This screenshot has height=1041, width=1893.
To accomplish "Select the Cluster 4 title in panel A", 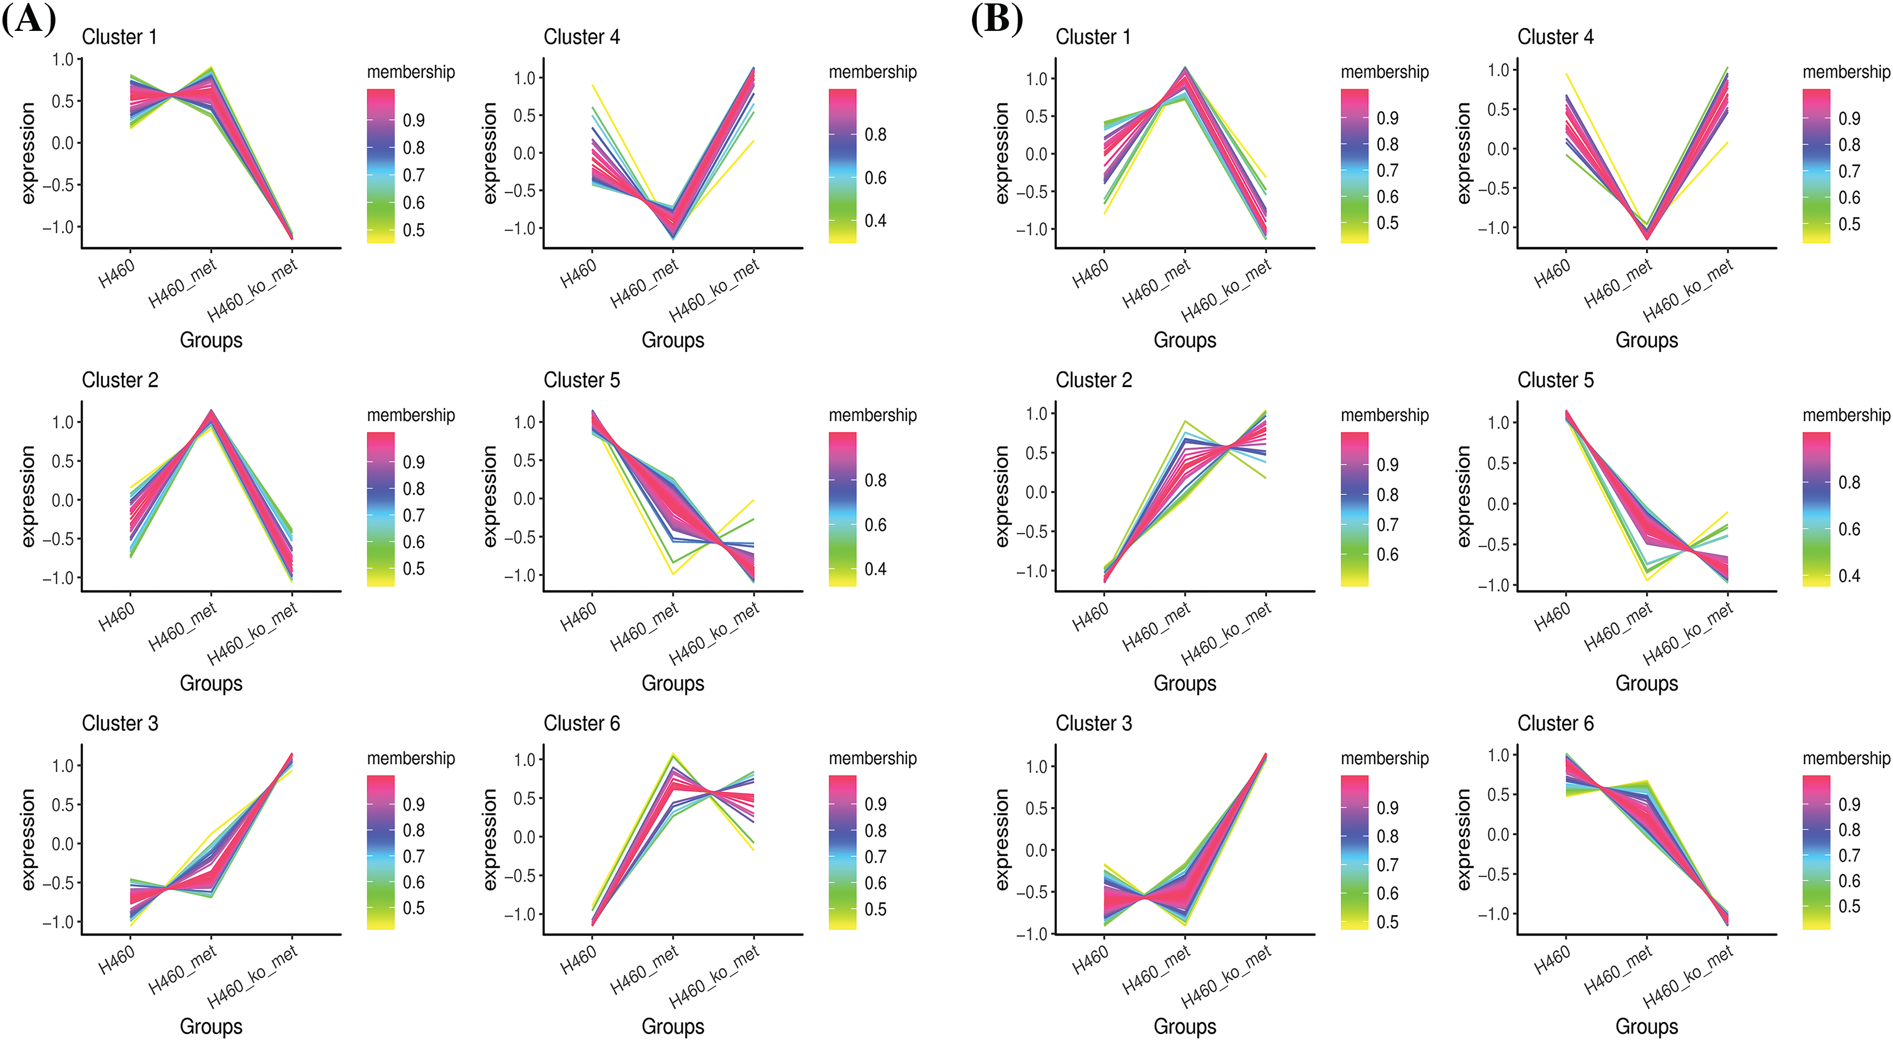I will click(581, 37).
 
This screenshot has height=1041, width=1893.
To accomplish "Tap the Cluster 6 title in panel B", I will click(1556, 724).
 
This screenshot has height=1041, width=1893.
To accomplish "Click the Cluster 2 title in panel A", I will click(120, 380).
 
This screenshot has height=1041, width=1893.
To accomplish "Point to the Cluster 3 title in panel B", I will click(1094, 724).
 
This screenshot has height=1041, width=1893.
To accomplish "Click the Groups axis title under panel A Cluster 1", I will click(211, 340).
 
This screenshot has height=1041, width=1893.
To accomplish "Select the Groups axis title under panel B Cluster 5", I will click(1646, 684).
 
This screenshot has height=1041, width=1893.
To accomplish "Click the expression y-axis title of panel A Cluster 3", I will click(28, 839).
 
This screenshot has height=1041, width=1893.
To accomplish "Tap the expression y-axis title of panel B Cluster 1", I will click(1001, 153).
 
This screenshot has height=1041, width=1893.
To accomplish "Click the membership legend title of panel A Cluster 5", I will click(872, 416).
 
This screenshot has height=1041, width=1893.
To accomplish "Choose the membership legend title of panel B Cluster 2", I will click(1384, 416).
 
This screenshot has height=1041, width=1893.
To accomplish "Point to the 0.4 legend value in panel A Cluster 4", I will click(875, 221).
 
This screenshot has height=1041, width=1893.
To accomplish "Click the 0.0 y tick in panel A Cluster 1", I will click(63, 143).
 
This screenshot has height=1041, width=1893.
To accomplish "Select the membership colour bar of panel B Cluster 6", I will click(1816, 852).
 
